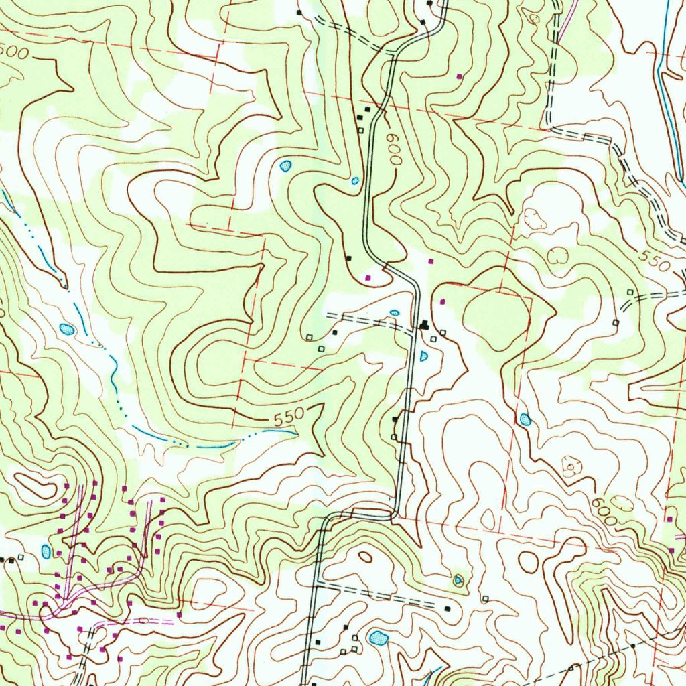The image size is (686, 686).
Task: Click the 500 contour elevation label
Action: (14, 52)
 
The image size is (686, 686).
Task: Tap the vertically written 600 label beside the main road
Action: (393, 148)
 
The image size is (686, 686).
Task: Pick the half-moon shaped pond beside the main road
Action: (424, 356)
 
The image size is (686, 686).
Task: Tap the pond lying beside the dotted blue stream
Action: (66, 328)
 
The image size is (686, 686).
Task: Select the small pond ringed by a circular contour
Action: (458, 580)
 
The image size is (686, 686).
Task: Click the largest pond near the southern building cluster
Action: (379, 638)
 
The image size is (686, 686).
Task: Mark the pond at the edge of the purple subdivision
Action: (46, 551)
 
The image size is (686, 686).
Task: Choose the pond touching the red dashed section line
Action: (525, 419)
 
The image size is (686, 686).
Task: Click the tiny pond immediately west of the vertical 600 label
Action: (355, 180)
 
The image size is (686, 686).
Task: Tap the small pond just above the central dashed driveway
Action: (395, 312)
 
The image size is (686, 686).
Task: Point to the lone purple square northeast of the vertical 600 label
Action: (459, 76)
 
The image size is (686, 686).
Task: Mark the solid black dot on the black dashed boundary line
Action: (633, 646)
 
